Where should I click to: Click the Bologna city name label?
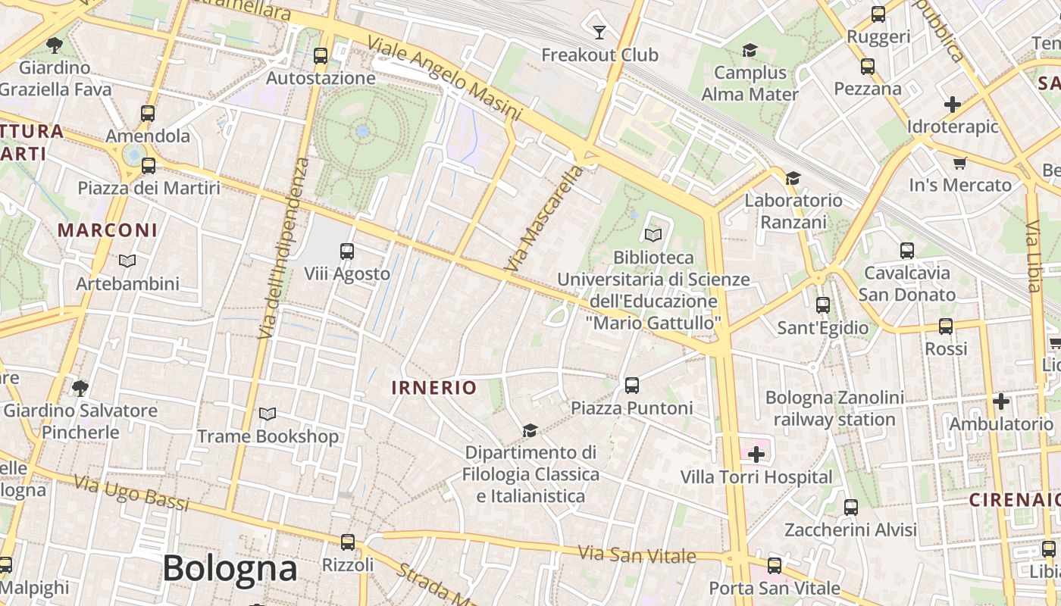click(229, 568)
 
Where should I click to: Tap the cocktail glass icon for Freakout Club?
click(599, 32)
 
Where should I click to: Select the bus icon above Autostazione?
click(321, 55)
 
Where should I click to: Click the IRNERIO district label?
click(434, 388)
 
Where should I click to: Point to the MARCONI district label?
click(108, 230)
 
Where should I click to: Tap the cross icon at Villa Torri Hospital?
click(756, 454)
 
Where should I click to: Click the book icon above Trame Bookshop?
click(268, 414)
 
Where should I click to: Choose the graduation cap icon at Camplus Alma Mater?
click(750, 50)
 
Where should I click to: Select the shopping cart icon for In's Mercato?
click(960, 163)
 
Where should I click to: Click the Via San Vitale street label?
click(637, 554)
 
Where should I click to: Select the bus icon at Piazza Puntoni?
click(632, 386)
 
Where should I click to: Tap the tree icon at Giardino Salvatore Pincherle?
click(80, 389)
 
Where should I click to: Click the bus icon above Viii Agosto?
click(347, 251)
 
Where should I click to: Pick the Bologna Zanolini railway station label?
click(834, 408)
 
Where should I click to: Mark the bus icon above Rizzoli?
click(348, 542)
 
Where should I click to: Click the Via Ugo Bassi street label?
click(132, 492)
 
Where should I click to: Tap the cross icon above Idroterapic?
click(953, 104)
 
